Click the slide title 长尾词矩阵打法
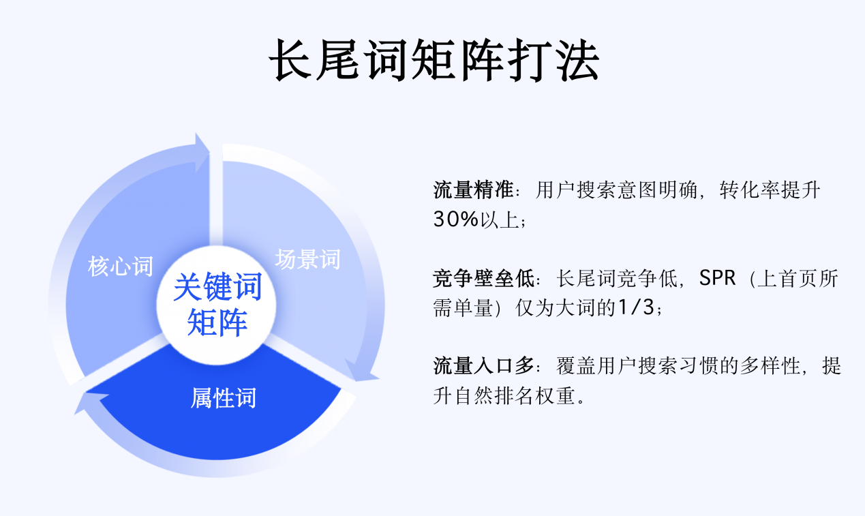[x=434, y=61]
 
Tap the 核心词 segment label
[x=120, y=266]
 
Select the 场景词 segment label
[x=307, y=259]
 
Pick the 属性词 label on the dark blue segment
[x=223, y=397]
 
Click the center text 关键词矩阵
[x=217, y=304]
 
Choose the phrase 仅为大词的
[x=565, y=308]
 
